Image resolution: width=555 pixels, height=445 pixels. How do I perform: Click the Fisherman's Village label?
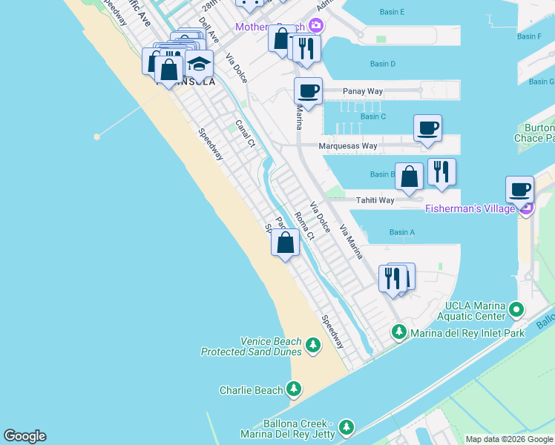tap(470, 208)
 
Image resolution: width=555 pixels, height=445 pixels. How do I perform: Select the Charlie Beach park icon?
tap(294, 389)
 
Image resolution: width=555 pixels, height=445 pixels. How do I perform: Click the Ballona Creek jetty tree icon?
tap(346, 427)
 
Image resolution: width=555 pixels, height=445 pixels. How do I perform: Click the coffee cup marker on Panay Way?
tap(308, 91)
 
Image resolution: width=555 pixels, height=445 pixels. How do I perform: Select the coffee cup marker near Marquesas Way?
tap(427, 128)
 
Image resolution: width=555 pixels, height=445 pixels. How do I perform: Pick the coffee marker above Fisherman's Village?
tap(519, 189)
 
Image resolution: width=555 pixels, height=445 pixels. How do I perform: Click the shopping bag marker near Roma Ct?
tap(285, 242)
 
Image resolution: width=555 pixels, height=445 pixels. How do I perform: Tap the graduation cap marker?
tap(199, 63)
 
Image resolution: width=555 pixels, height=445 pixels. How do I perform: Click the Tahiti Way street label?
tap(375, 200)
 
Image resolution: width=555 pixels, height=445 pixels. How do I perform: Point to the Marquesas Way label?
tap(347, 146)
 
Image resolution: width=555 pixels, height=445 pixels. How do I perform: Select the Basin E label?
tap(392, 12)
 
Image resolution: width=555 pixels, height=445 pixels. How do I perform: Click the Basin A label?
tap(401, 232)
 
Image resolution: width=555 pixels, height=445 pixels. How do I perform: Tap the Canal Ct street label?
tap(245, 133)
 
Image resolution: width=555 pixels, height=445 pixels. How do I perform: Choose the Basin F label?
tap(529, 36)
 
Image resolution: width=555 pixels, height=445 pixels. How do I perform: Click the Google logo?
tap(24, 436)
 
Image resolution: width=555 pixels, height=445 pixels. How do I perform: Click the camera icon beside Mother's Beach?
tap(317, 26)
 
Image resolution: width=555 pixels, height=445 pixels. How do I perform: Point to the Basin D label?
tap(382, 64)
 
